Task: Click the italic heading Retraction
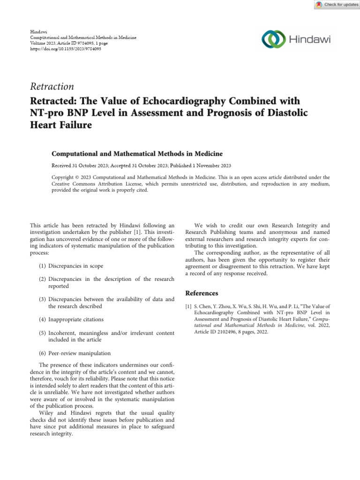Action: click(x=52, y=86)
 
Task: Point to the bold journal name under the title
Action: click(x=136, y=153)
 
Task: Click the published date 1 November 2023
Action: click(x=209, y=166)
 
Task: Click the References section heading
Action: click(x=202, y=293)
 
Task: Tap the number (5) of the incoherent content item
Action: click(x=42, y=333)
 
